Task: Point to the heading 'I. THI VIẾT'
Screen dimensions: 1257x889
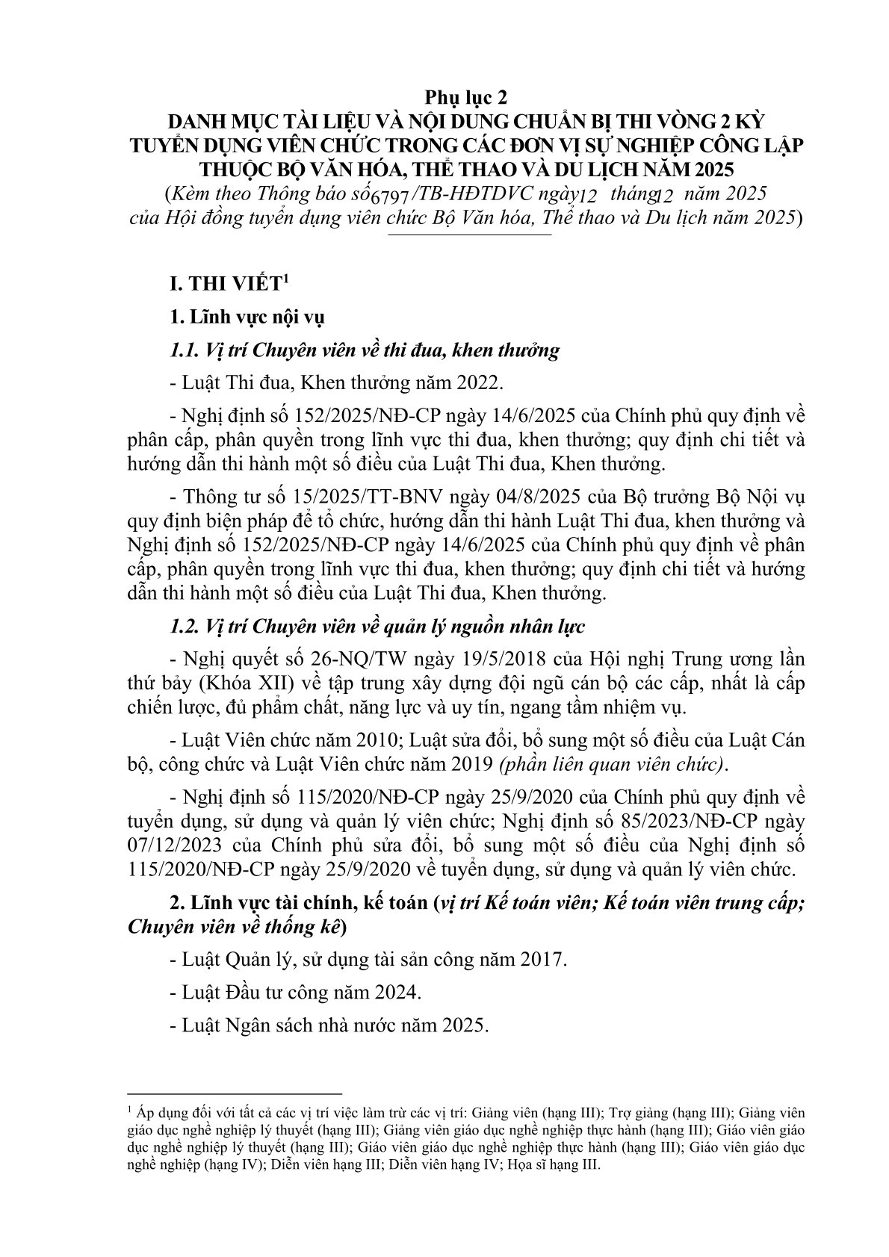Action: pyautogui.click(x=230, y=285)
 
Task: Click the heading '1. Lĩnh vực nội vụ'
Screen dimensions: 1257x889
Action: pyautogui.click(x=248, y=317)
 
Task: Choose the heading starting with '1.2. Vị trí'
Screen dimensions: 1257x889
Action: pyautogui.click(x=377, y=627)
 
